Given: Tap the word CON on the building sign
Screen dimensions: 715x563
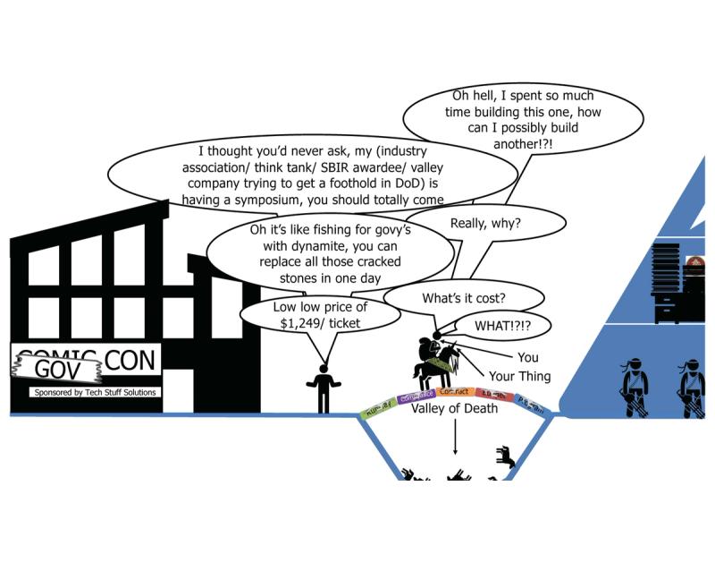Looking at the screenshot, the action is [130, 362].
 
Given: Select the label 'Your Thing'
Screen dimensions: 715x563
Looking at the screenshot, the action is [519, 376].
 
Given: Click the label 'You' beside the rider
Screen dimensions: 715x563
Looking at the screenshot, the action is [527, 358].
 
